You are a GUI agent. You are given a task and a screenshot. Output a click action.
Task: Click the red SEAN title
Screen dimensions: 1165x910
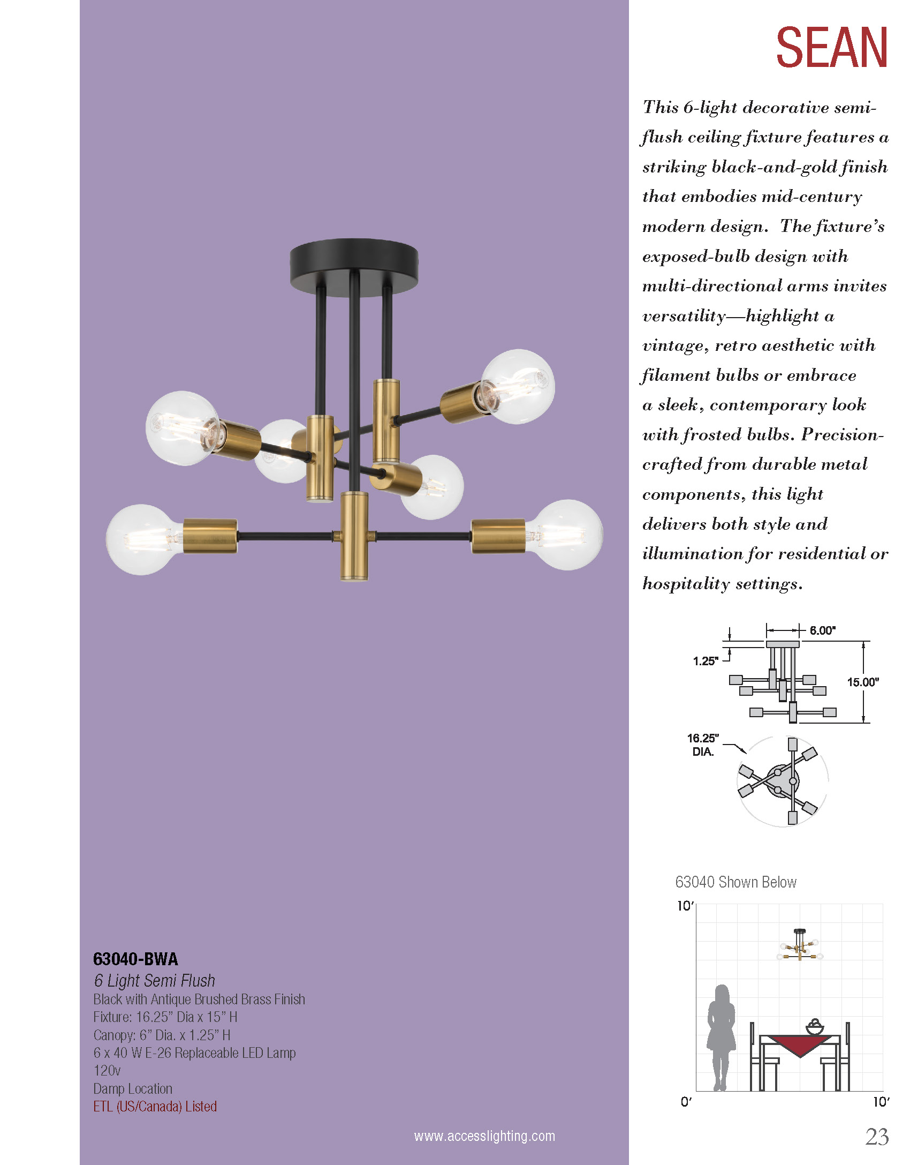click(831, 48)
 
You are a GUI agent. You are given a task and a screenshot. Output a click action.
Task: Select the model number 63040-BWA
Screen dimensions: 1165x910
click(135, 958)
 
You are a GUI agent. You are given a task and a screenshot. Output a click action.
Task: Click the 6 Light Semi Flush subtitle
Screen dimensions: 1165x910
click(154, 980)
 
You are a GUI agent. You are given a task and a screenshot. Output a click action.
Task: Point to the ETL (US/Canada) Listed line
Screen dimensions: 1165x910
click(155, 1106)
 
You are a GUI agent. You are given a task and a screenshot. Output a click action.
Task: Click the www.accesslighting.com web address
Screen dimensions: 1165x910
click(484, 1136)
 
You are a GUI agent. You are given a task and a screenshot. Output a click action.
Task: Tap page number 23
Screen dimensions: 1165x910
click(876, 1137)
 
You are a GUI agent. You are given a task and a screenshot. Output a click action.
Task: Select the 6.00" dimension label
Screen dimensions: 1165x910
click(822, 630)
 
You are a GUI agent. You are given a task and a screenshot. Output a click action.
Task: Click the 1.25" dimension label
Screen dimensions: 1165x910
click(705, 661)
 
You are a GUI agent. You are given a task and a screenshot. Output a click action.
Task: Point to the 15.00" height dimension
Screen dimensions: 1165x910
click(862, 682)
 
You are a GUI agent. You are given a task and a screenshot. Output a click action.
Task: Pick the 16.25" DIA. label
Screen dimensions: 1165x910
click(703, 745)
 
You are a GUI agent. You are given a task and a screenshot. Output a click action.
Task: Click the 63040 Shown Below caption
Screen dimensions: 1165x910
click(735, 882)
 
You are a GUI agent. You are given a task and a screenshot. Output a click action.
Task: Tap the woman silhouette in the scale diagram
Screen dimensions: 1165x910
click(721, 1036)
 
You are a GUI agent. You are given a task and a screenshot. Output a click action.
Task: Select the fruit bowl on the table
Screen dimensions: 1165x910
click(814, 1027)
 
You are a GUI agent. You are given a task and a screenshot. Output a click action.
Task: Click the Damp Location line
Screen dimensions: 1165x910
click(133, 1088)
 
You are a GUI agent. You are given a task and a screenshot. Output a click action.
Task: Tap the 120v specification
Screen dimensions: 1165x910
click(107, 1070)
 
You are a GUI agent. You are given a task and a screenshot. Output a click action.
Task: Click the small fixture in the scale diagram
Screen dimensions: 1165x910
click(800, 946)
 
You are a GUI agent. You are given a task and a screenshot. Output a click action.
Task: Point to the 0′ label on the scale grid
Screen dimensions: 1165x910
click(686, 1102)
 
